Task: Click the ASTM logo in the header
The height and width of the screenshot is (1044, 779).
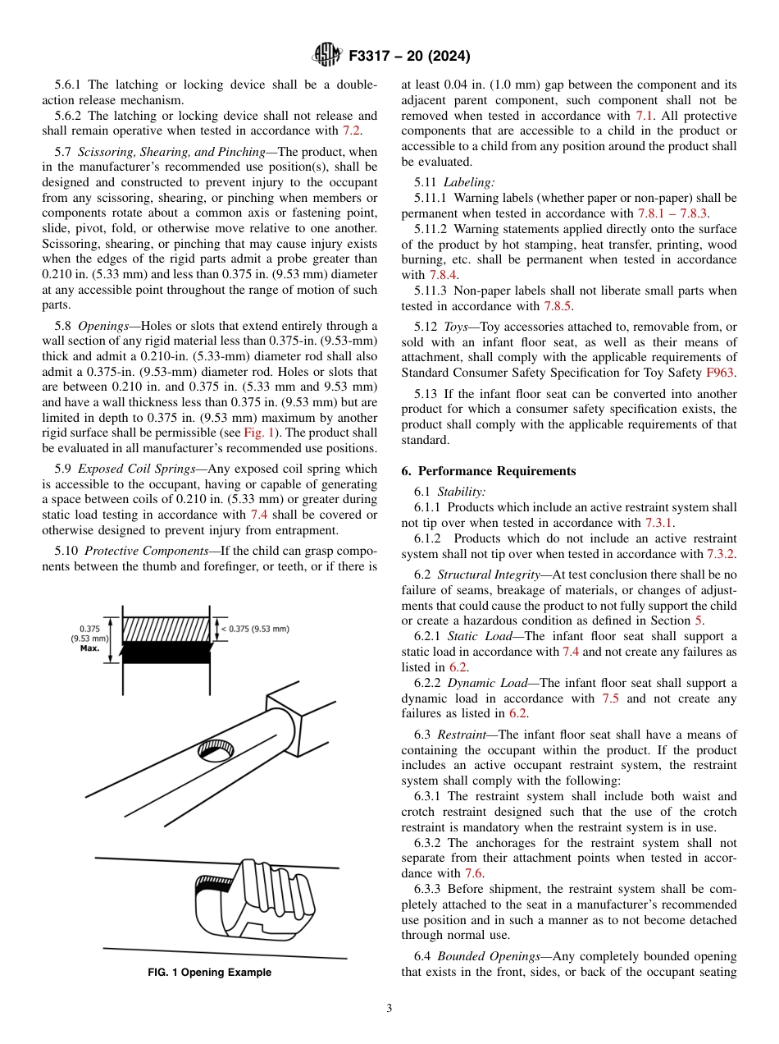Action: pos(327,56)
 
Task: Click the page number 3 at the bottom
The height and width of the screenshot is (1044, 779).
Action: pos(389,1008)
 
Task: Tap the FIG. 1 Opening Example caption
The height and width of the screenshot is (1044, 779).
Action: pos(209,973)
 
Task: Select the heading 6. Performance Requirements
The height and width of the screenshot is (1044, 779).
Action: pos(489,471)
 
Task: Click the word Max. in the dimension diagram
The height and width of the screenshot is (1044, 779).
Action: pos(90,648)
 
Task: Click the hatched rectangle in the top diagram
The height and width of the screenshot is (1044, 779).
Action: pos(166,630)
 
